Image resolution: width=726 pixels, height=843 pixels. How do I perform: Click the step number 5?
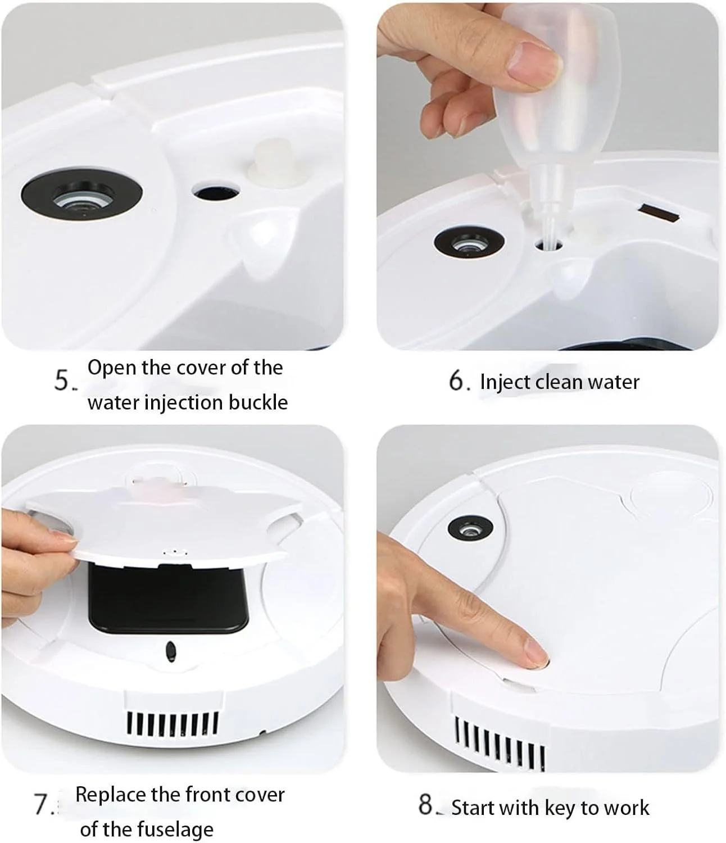click(63, 380)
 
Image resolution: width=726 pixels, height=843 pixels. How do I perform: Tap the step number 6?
click(456, 381)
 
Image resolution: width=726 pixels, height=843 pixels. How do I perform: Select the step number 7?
click(42, 804)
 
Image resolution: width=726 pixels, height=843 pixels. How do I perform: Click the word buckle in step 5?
click(258, 402)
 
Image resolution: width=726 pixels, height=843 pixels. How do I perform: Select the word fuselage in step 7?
click(175, 830)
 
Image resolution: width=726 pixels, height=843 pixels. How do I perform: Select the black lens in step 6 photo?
click(469, 242)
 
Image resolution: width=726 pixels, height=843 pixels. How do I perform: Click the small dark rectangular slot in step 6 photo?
click(659, 213)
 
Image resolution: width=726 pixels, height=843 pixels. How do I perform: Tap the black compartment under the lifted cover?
click(167, 599)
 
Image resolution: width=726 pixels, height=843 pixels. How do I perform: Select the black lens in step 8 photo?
click(470, 529)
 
